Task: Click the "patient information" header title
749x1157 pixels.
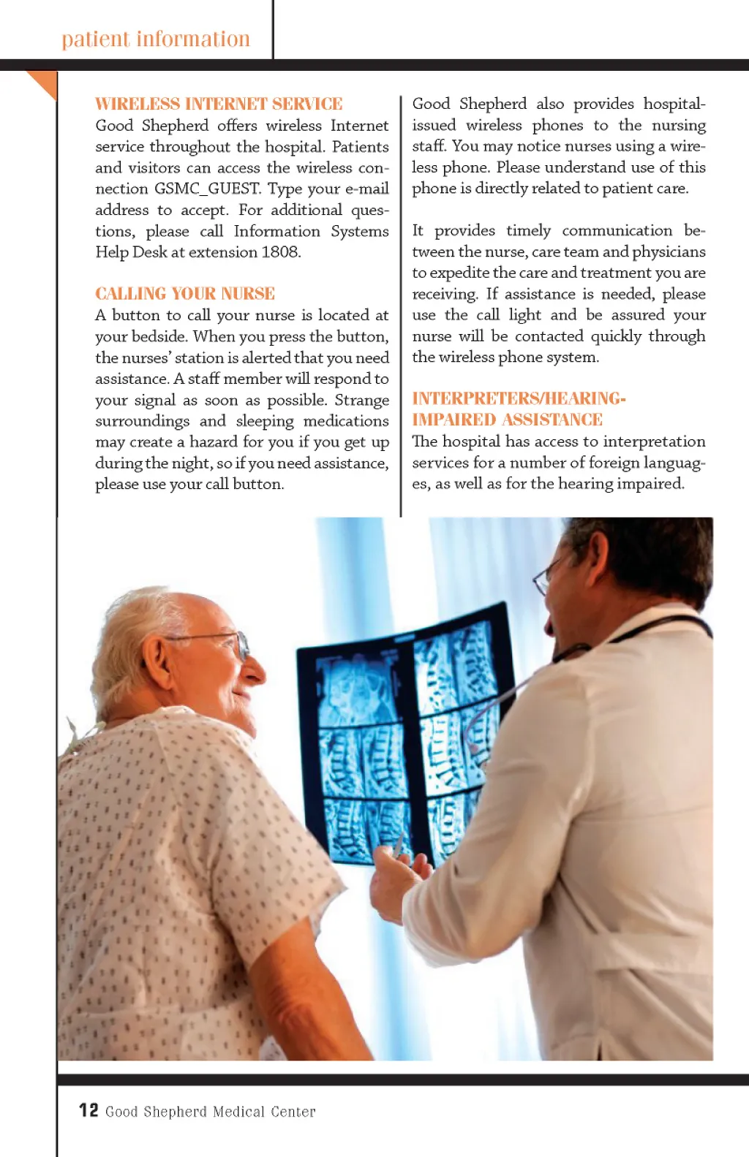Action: click(156, 39)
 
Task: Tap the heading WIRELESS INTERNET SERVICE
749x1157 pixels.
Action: click(219, 104)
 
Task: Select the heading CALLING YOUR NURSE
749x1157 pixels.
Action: click(185, 294)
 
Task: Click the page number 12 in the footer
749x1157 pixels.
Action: click(89, 1110)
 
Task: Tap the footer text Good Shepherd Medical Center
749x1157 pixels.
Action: click(211, 1112)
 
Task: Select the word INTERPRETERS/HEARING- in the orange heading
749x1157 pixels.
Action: click(519, 398)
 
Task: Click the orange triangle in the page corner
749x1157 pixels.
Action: click(44, 82)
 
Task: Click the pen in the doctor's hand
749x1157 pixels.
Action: click(398, 844)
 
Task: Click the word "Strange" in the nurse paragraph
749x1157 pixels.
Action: click(361, 401)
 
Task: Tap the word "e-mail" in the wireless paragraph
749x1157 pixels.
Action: click(366, 189)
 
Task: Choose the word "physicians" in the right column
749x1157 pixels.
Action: click(669, 252)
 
